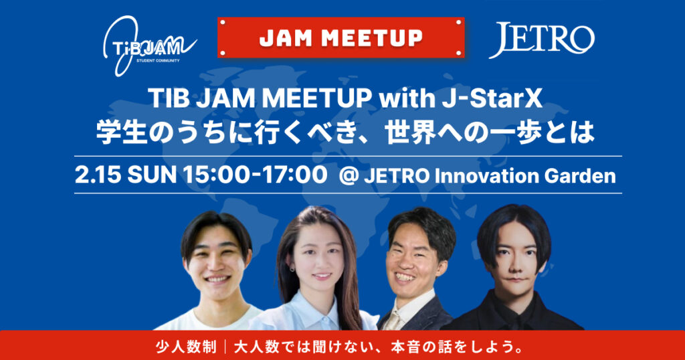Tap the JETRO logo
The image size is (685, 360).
tap(542, 39)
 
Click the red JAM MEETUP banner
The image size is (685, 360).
tap(340, 37)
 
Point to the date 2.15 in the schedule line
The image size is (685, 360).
tap(98, 175)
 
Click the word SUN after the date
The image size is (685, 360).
tap(152, 175)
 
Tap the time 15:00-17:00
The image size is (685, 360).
tap(255, 175)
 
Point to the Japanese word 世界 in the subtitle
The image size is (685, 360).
tap(410, 132)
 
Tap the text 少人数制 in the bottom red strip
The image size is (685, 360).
tap(186, 347)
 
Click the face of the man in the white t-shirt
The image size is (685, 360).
tap(217, 264)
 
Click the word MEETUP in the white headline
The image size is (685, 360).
tap(316, 99)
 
